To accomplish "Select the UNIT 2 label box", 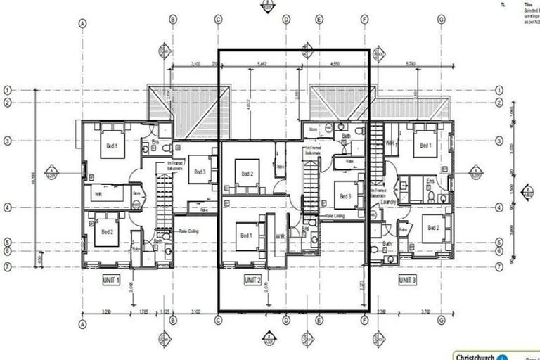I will pos(252,280).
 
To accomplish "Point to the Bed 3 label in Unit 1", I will pos(200,172).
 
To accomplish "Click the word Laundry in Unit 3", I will pos(390,202).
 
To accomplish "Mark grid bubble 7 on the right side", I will pos(499,266).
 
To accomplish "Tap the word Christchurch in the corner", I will pos(474,355).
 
